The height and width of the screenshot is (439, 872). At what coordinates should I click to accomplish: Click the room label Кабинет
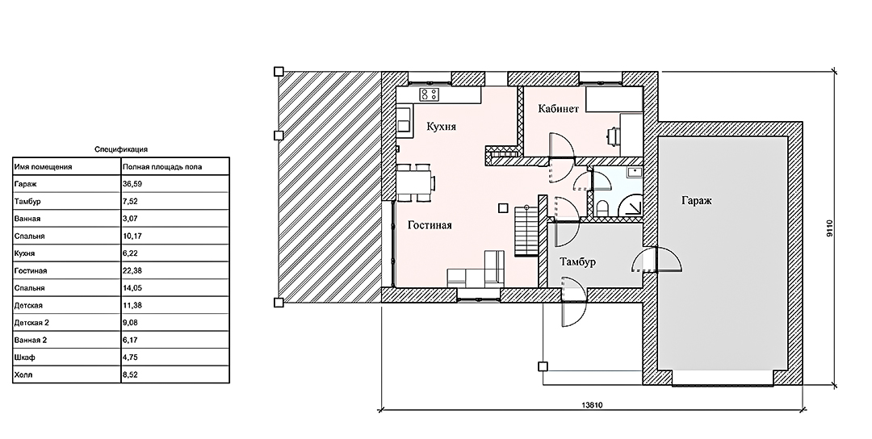coord(559,108)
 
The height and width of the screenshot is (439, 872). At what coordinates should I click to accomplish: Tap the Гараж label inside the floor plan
coord(697,201)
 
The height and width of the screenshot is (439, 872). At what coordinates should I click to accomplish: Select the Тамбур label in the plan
coord(578,261)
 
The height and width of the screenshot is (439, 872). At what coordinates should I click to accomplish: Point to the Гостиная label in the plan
coord(430,225)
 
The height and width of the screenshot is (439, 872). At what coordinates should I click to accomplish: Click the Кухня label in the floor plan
coord(441,127)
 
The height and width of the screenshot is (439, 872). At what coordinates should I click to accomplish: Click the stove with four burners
coord(429,94)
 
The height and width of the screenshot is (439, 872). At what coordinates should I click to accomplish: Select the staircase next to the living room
coord(526,231)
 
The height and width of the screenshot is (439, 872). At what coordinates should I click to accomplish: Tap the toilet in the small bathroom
coord(602,208)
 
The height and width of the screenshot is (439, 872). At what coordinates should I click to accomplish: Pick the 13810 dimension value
coord(593,405)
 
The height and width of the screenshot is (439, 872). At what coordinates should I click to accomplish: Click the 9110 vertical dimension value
coord(828,229)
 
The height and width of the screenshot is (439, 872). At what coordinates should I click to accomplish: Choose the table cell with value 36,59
coord(129,184)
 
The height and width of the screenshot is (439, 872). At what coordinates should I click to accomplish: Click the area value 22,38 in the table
coord(129,270)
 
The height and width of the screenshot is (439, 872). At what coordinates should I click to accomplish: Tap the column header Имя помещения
coord(44,167)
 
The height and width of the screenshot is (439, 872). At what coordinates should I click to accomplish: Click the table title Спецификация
coord(120,149)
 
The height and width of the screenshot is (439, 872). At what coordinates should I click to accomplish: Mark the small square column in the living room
coord(503,208)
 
